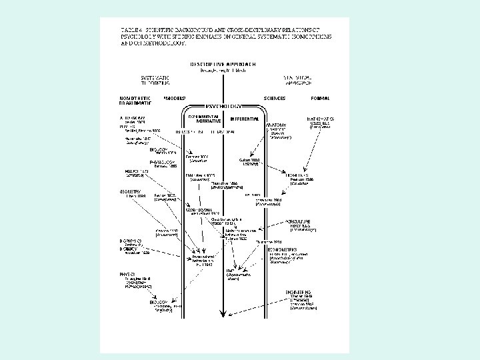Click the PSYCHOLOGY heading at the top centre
pyautogui.click(x=224, y=106)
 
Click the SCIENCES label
pyautogui.click(x=274, y=98)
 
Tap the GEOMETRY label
pyautogui.click(x=131, y=191)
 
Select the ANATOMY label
pyautogui.click(x=277, y=125)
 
